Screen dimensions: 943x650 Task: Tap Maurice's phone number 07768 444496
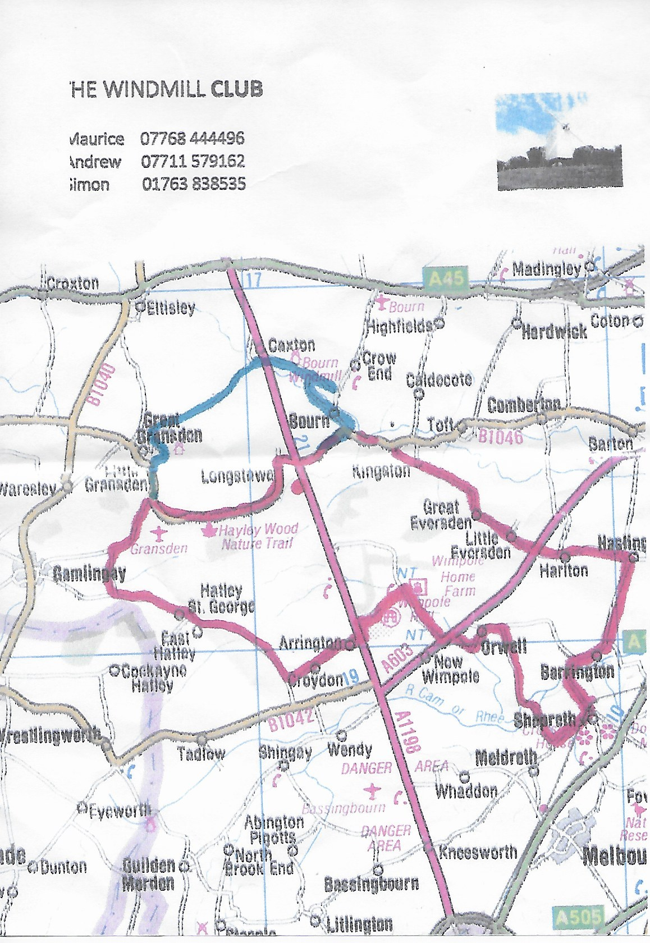[x=193, y=138]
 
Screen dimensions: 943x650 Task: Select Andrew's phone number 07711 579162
[x=193, y=162]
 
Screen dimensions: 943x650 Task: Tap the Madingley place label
[x=546, y=269]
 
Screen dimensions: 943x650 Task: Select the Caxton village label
[x=291, y=345]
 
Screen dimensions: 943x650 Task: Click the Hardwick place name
[x=554, y=332]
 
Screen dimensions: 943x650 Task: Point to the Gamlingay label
[x=89, y=573]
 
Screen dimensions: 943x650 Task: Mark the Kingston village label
[x=381, y=471]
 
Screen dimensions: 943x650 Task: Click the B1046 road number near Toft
[x=500, y=436]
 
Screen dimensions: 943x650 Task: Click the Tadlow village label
[x=200, y=753]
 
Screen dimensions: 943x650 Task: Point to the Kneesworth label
[x=478, y=852]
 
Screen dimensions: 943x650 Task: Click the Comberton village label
[x=524, y=405]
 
